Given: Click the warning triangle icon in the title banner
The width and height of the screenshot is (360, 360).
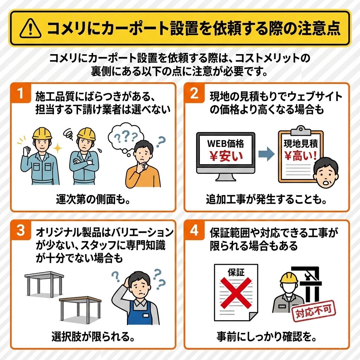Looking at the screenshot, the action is coord(31,29).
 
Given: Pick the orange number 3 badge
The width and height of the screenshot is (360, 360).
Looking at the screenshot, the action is coord(21,230).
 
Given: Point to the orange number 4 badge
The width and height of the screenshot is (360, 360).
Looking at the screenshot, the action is coord(194,230).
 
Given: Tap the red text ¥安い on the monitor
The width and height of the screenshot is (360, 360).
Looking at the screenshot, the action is coord(226,156).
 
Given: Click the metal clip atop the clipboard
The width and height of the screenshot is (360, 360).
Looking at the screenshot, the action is coord(301,131).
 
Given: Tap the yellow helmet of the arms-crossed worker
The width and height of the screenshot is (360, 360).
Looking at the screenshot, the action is coord(86,134).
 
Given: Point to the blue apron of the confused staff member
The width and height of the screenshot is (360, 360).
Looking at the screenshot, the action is coord(139,313).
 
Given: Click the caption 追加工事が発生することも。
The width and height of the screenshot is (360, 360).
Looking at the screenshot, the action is coord(266,199).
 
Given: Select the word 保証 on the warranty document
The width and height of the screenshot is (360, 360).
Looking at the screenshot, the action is coord(236,272).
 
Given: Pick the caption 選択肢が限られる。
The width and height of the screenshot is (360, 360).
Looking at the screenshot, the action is coord(93,336).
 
